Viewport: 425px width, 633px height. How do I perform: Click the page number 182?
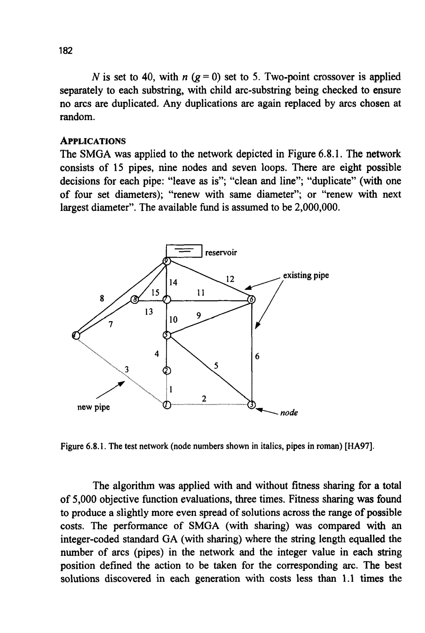point(66,51)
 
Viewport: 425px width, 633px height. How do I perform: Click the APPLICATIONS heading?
point(93,141)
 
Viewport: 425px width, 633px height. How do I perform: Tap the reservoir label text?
point(221,253)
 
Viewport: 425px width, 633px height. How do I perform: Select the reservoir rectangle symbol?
point(184,251)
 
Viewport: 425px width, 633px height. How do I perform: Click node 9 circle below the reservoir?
point(167,261)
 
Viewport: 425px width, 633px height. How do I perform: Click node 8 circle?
point(134,300)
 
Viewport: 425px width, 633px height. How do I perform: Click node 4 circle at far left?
point(76,335)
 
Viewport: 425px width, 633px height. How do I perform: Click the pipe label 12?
point(230,279)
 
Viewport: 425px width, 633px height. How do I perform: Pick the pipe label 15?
point(155,292)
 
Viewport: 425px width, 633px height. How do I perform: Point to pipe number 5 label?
point(216,366)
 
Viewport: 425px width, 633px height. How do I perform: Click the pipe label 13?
point(149,312)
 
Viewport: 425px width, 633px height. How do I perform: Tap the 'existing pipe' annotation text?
point(306,276)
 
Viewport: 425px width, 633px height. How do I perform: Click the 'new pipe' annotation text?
point(94,407)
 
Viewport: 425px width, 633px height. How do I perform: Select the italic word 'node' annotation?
point(289,413)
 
